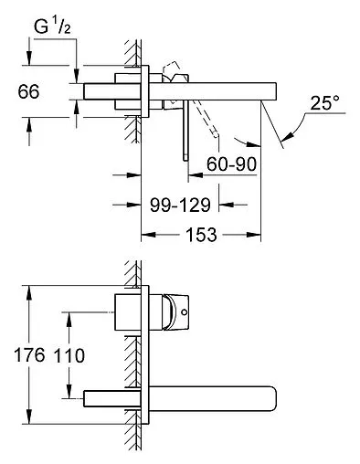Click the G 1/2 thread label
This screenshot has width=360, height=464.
52,26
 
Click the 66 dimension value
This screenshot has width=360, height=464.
28,91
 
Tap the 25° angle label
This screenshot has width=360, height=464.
324,103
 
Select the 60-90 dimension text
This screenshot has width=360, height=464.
231,164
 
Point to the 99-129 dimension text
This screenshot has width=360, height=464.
180,205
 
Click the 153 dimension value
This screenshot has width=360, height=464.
201,235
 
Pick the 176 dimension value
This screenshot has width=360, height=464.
29,355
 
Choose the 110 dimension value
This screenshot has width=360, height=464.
69,355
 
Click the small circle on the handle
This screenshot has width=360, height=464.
184,312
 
